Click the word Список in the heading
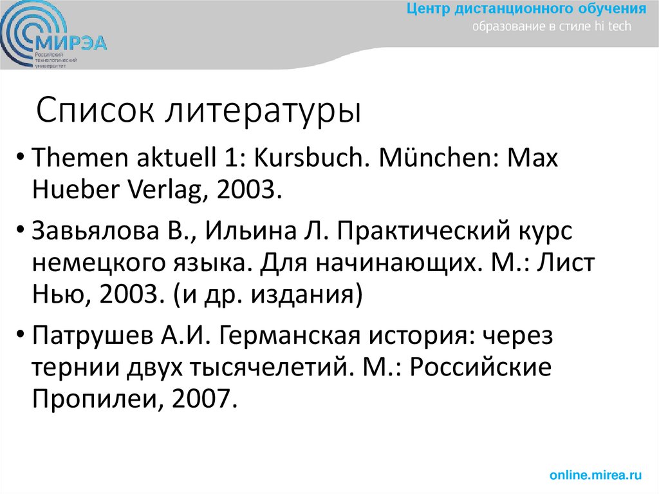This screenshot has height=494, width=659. pos(97,111)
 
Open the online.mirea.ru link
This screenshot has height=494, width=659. pos(595,475)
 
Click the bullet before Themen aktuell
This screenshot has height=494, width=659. pos(23,159)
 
